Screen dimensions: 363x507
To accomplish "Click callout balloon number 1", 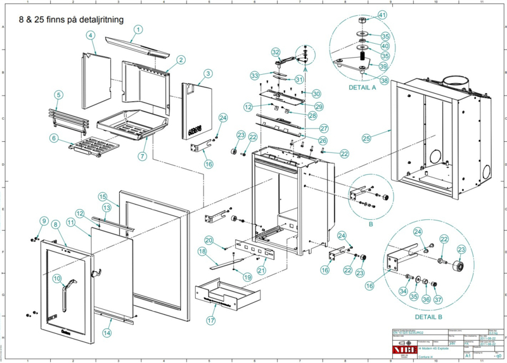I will pos(138,29).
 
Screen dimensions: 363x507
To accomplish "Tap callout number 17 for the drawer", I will pos(210,321).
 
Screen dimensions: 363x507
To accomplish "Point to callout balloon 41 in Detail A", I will pos(382,15).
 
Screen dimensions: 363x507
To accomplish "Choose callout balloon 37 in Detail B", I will pos(438,299).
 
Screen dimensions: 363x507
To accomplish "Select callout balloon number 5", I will pos(58,95).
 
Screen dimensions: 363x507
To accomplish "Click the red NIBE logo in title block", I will pos(402,347).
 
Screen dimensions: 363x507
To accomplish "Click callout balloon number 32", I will pos(276,52).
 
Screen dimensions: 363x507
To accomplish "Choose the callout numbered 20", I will pos(209,240).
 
